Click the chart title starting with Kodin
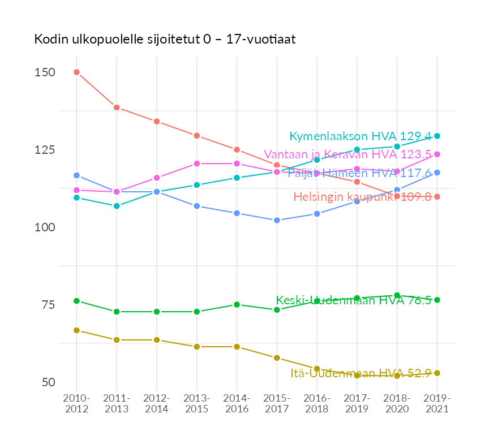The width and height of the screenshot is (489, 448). coord(165,39)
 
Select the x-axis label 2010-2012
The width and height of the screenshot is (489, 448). coord(76,404)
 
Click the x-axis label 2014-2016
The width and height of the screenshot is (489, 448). coord(237,404)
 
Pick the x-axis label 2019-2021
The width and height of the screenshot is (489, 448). coord(437,404)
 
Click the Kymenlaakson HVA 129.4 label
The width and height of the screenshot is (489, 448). coord(361,136)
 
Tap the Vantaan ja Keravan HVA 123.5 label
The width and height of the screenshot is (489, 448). coord(348,154)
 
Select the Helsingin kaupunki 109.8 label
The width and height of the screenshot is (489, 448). coord(362,197)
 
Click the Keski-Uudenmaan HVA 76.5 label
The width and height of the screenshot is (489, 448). coord(354,300)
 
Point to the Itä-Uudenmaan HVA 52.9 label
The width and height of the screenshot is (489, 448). coord(361,373)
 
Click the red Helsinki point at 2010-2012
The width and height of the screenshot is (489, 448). coord(76,72)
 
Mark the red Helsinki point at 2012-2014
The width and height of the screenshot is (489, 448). coord(157,122)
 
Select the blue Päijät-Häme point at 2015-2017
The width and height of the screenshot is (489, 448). coord(277,220)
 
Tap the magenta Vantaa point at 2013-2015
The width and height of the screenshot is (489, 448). coord(197,163)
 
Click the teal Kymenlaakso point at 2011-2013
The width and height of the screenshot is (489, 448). coord(117,206)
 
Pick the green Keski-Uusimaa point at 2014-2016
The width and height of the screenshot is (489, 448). coord(237,304)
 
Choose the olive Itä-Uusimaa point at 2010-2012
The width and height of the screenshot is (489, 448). coord(76,330)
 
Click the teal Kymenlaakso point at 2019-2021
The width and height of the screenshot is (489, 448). coord(437,136)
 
